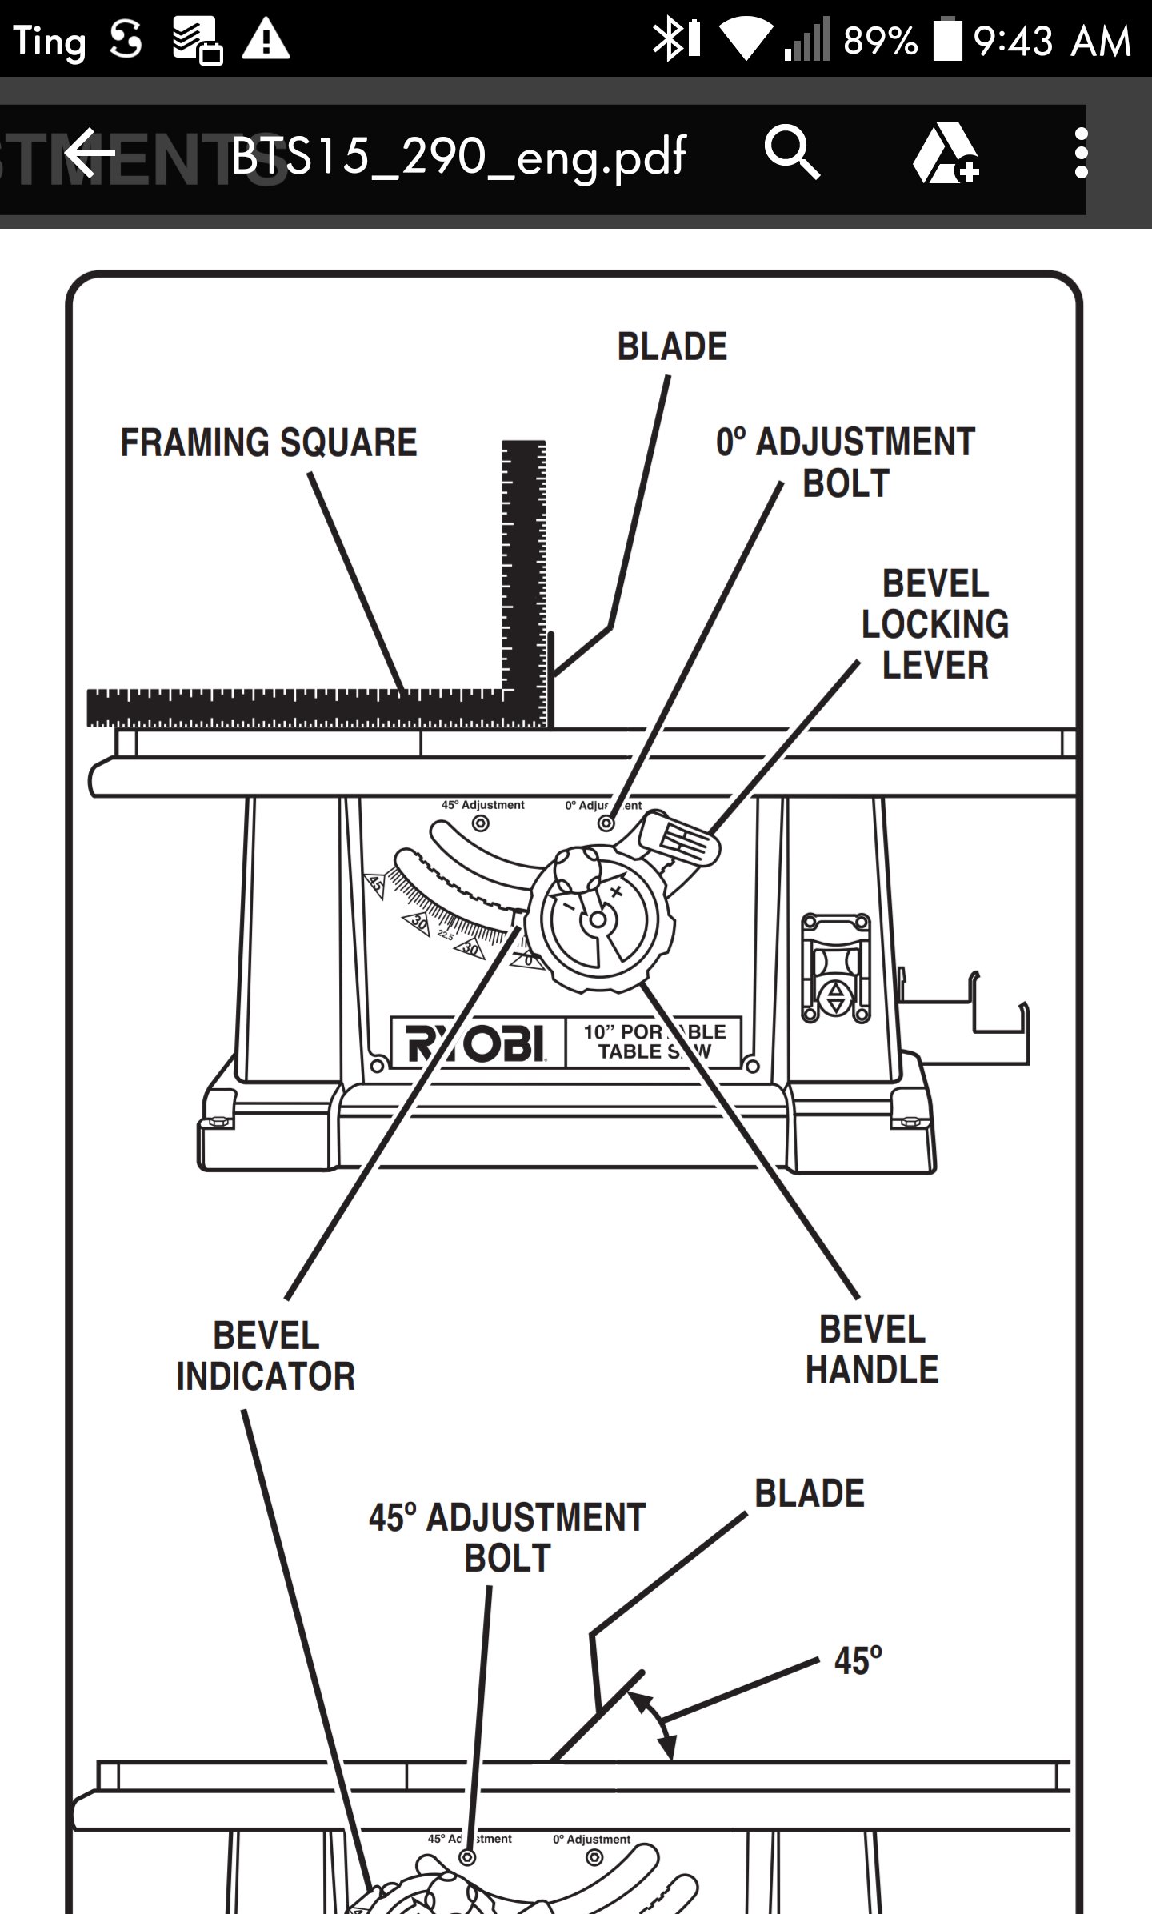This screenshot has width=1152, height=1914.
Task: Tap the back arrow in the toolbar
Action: point(90,153)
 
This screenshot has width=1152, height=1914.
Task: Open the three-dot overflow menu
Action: point(1081,153)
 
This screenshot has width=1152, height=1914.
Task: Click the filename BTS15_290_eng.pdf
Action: point(458,156)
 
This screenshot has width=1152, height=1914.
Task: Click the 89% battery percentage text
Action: point(880,41)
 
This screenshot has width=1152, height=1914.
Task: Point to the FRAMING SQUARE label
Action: point(269,442)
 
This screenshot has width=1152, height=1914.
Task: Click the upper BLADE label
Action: point(672,347)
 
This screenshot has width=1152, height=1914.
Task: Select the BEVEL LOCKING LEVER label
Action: point(935,624)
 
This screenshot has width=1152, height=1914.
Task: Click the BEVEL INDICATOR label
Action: point(266,1355)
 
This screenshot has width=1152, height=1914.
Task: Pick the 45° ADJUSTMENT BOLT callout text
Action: point(507,1537)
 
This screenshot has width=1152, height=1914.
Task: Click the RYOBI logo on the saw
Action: point(476,1043)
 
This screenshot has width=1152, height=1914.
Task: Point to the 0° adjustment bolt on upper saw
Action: point(606,823)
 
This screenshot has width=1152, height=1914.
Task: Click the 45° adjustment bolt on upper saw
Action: point(481,823)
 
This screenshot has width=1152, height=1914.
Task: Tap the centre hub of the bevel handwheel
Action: point(597,921)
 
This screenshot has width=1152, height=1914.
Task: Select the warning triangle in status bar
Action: point(266,39)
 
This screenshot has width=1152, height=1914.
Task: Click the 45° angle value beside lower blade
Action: point(858,1660)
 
